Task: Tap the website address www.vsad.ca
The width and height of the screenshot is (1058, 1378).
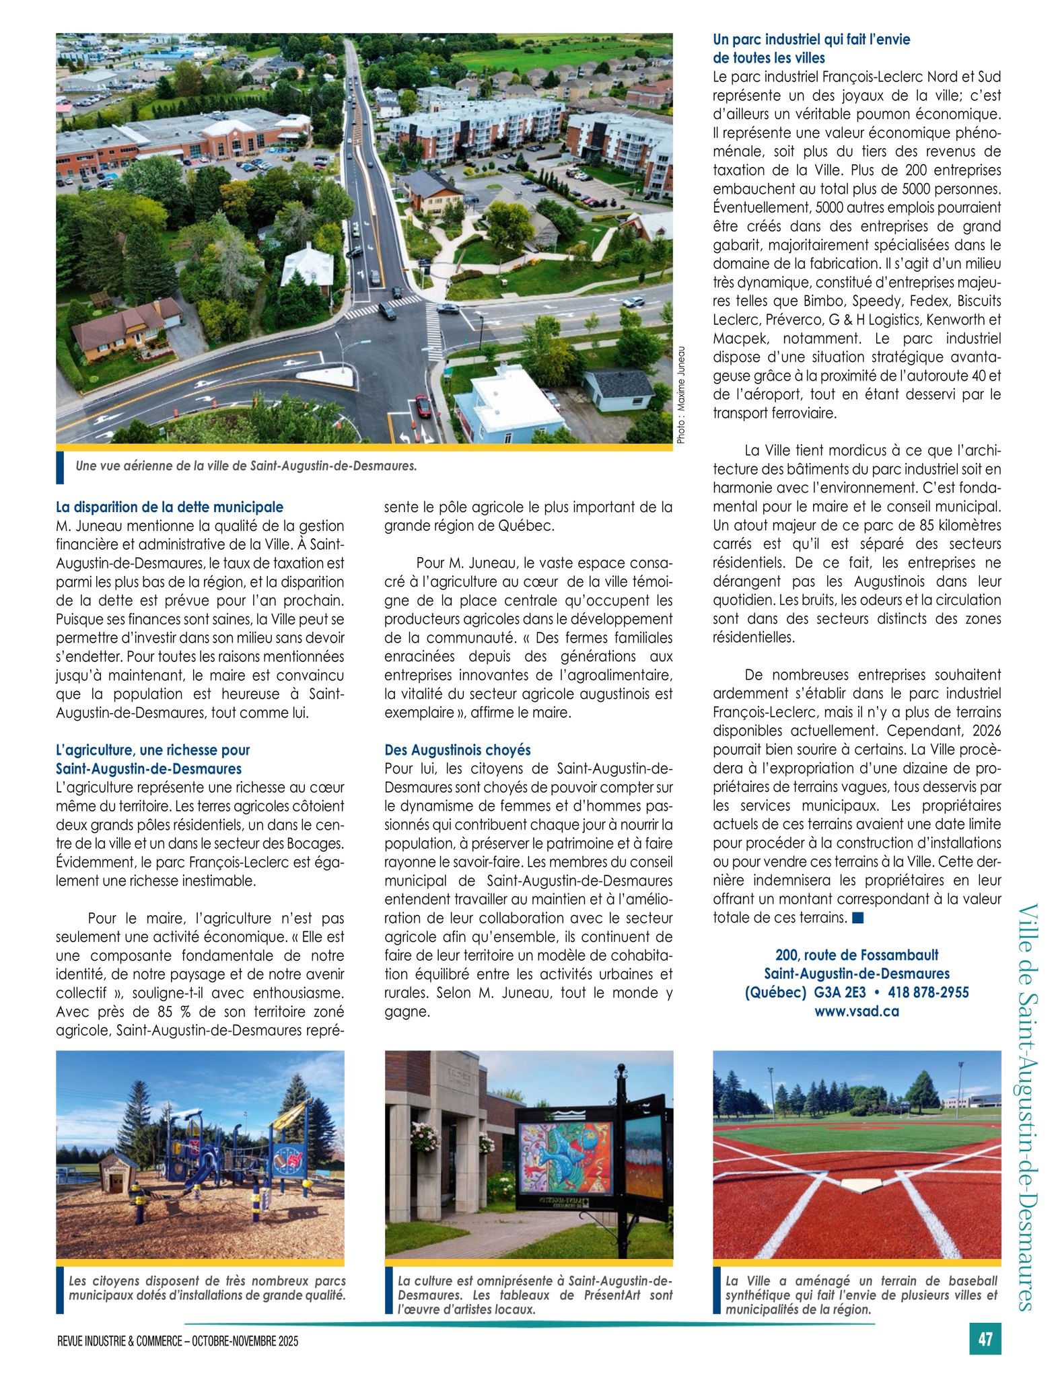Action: coord(857,1011)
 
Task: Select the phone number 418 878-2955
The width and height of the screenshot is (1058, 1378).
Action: coord(928,992)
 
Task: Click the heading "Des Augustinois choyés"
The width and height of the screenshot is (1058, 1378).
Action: coord(458,750)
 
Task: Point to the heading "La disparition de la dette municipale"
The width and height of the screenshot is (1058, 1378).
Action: coord(170,507)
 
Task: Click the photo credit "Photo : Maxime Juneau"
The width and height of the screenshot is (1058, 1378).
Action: coord(681,395)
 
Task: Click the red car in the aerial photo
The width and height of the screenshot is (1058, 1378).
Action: coord(423,406)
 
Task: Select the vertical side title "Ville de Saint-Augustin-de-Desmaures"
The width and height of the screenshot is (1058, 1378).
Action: coord(1028,1106)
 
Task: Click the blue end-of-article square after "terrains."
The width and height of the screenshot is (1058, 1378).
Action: coord(857,918)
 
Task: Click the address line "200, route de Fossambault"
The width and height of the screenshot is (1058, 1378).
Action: coord(857,955)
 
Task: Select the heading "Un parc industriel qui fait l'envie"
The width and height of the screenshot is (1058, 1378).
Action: coord(811,40)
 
